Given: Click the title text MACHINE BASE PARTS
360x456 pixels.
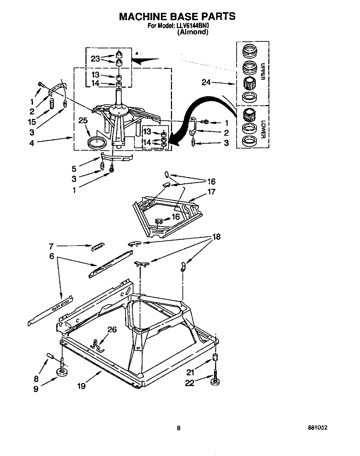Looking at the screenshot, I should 177,16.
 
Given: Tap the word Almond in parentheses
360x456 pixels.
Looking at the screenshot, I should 193,32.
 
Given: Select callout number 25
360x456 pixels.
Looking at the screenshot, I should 83,121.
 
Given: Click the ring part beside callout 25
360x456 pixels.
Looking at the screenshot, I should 96,142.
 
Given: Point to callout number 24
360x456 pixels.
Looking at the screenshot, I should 206,82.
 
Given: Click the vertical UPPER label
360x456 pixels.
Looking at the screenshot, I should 263,71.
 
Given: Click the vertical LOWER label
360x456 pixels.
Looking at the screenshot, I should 263,129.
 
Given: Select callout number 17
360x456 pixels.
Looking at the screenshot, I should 211,192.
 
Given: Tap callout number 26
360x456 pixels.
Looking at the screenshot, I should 112,329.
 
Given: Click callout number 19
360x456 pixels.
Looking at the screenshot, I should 81,385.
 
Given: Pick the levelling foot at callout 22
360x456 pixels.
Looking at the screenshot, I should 215,383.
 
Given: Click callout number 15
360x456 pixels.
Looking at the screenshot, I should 32,122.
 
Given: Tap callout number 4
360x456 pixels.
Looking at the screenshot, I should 32,143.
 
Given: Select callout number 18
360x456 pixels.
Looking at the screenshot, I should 216,237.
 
